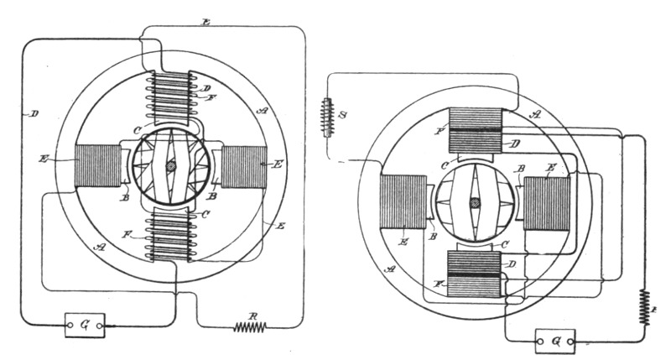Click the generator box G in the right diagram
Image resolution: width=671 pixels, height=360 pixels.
click(x=554, y=341)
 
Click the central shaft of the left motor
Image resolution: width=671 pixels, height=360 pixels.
click(x=171, y=167)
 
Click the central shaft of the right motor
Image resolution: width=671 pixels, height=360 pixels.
click(x=475, y=203)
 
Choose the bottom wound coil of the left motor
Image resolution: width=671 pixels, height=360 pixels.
click(x=171, y=238)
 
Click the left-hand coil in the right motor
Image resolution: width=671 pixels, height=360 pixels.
click(x=403, y=206)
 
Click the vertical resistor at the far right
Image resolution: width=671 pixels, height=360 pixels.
click(x=644, y=303)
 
